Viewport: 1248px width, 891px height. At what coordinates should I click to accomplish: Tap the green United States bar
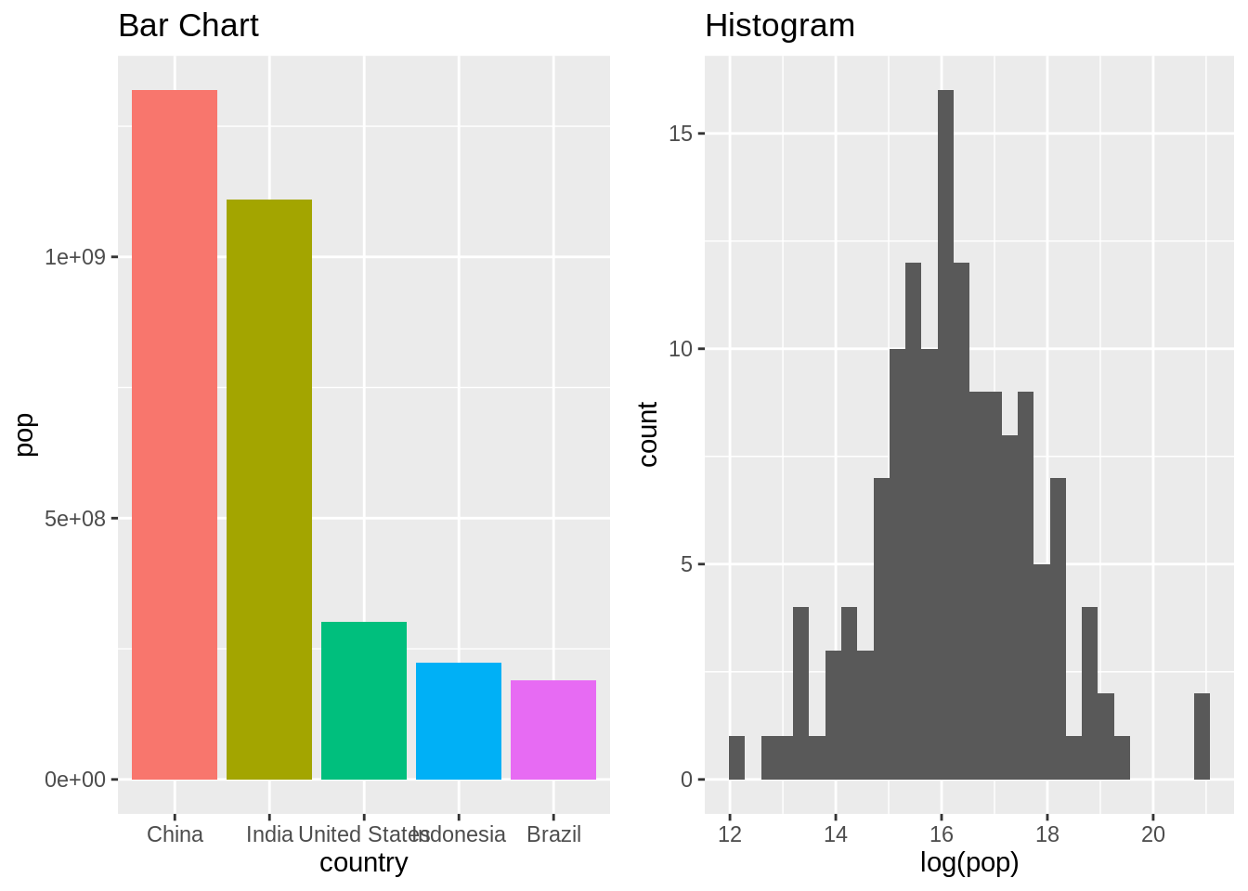click(364, 701)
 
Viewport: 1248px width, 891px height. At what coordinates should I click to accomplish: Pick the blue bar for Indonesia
click(459, 721)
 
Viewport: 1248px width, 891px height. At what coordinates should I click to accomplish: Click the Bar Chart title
click(188, 25)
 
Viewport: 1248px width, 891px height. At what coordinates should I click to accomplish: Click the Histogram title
click(780, 25)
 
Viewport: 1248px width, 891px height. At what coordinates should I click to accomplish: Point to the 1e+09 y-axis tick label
click(75, 257)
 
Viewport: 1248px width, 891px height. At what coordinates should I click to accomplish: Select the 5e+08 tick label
click(75, 519)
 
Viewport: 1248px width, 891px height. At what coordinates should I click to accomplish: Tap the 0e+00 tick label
click(75, 780)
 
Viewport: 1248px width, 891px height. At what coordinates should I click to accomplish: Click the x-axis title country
click(364, 862)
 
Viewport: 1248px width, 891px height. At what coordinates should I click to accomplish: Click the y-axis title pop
click(25, 434)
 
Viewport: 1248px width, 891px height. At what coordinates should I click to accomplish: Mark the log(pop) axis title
click(969, 862)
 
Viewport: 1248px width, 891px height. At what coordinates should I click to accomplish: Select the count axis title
click(648, 434)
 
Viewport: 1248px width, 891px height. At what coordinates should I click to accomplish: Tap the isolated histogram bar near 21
click(1202, 737)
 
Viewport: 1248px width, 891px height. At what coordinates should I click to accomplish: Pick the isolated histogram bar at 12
click(736, 758)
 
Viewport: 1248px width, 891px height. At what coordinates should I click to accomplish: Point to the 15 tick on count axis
click(681, 134)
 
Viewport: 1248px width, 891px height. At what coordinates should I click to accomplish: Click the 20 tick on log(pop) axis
click(1152, 834)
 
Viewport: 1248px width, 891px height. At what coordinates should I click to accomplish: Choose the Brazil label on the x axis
click(553, 834)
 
